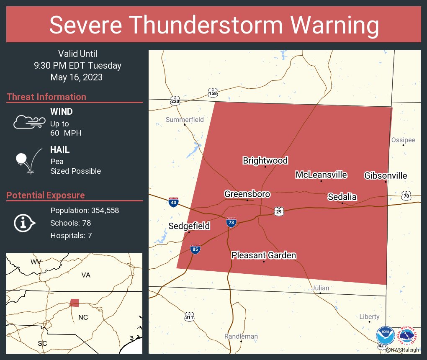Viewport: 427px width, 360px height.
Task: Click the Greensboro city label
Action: point(247,194)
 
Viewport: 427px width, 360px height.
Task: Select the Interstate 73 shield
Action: point(231,222)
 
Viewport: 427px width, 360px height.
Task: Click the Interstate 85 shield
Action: point(195,249)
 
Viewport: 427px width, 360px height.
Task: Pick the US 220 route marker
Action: point(175,101)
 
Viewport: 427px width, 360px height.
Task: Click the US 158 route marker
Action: point(213,93)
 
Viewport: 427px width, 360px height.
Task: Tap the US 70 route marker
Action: point(406,195)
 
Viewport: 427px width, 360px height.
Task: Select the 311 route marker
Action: point(189,317)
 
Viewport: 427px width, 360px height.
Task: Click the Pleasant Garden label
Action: point(264,255)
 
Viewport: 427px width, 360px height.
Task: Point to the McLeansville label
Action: point(321,175)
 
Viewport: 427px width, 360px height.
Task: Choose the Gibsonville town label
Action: point(385,175)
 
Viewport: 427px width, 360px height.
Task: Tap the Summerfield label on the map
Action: point(185,120)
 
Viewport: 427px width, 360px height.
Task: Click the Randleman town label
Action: point(241,336)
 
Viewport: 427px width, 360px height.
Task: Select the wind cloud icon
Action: point(29,122)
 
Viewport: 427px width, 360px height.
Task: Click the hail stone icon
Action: point(21,159)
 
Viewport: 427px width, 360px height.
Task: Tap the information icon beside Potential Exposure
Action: point(24,223)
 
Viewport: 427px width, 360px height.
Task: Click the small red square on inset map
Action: point(74,303)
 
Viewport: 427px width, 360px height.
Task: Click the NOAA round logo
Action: point(385,336)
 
